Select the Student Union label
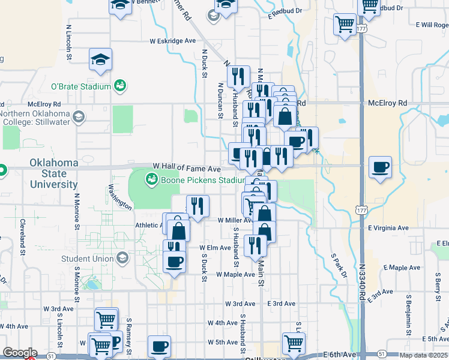pos(87,259)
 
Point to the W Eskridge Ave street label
pos(173,41)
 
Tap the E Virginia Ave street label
pos(388,228)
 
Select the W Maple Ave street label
pos(235,274)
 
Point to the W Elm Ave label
pos(215,247)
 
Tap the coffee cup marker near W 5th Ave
pos(159,346)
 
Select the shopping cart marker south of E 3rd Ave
pos(294,344)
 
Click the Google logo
pos(20,353)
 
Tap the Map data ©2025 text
pos(423,355)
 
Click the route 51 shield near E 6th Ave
pos(381,355)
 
